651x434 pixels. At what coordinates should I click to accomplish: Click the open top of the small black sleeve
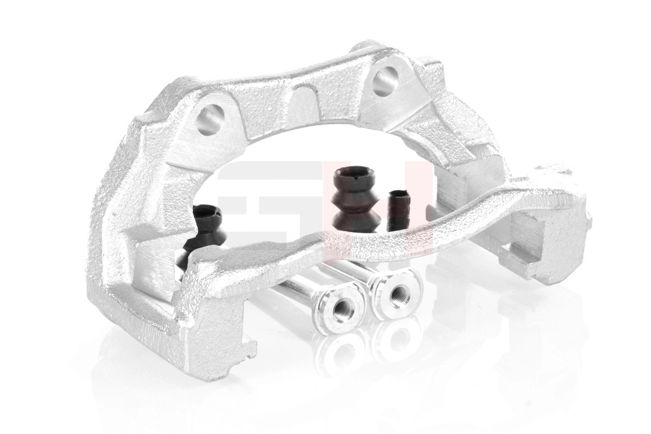pyautogui.click(x=400, y=193)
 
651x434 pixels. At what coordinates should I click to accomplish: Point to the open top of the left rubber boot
pyautogui.click(x=208, y=212)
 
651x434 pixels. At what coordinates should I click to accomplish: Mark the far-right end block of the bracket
pyautogui.click(x=559, y=228)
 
